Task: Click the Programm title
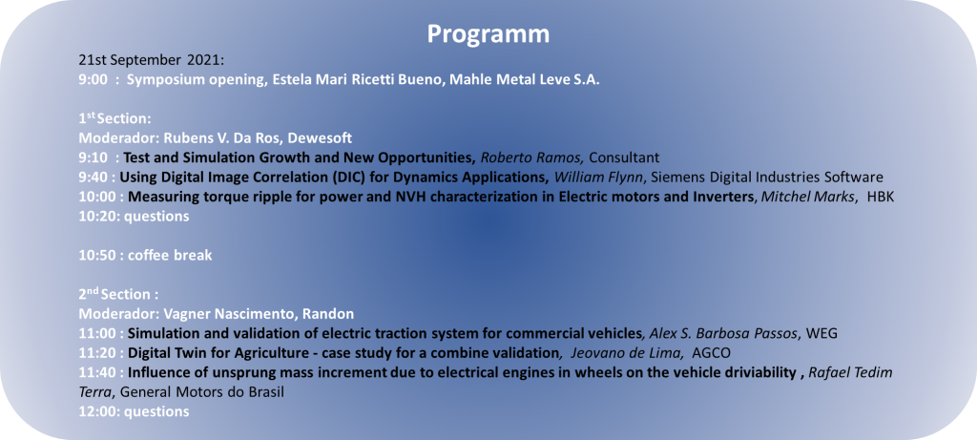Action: coord(488,34)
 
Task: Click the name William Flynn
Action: coord(598,177)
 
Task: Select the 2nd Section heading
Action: coord(114,294)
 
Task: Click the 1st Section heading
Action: coord(112,118)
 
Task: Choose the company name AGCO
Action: coord(712,353)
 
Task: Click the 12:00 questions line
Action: coord(134,412)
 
